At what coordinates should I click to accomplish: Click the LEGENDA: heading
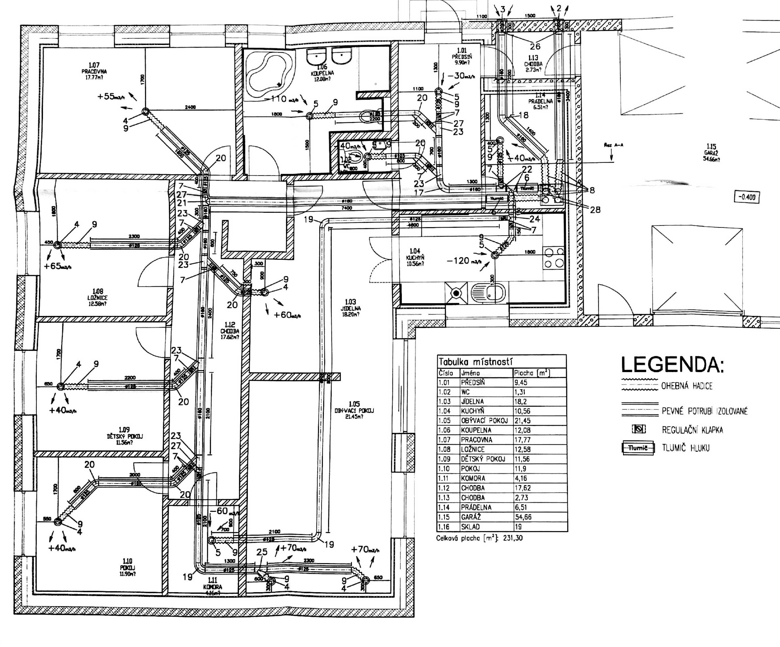(x=672, y=365)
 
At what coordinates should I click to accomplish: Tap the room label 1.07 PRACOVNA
(x=94, y=71)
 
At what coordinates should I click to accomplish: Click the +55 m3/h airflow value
(x=111, y=97)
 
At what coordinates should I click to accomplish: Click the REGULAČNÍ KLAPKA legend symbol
(x=639, y=429)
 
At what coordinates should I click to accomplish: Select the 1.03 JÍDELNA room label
(x=350, y=308)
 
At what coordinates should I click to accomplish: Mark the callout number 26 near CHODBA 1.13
(x=535, y=47)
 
